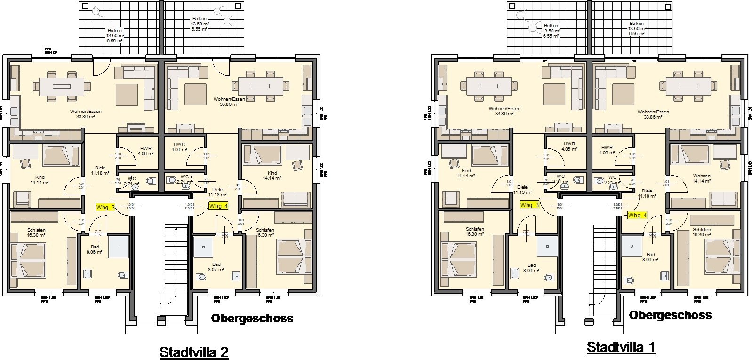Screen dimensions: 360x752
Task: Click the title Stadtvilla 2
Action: click(194, 352)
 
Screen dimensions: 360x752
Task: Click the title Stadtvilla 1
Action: click(621, 347)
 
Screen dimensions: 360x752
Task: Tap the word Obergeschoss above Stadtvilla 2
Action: click(252, 319)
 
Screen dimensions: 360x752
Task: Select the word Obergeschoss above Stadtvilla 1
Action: click(670, 315)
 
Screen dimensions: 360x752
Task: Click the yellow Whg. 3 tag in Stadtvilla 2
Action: click(105, 208)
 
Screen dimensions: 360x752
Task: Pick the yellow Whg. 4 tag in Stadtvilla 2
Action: click(218, 206)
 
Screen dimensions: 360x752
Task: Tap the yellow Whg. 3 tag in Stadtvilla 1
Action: click(530, 205)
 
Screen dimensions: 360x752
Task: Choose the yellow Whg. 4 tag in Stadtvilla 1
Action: click(637, 215)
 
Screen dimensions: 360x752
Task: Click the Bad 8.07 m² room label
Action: click(216, 267)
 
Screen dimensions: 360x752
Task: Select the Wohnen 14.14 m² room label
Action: click(701, 178)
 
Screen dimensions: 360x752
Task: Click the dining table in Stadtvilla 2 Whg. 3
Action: click(61, 87)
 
